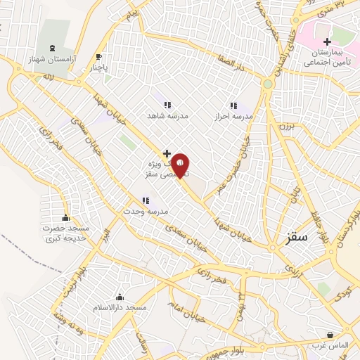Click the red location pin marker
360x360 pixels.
point(181,165)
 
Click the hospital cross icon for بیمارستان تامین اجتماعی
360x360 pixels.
point(327,41)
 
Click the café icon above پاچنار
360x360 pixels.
point(99,57)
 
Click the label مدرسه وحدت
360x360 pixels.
point(144,211)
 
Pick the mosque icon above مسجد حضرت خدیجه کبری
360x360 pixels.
point(66,217)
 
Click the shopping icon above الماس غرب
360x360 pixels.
point(331,335)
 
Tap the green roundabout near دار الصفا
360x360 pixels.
point(267,84)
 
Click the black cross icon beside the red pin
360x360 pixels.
point(167,153)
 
